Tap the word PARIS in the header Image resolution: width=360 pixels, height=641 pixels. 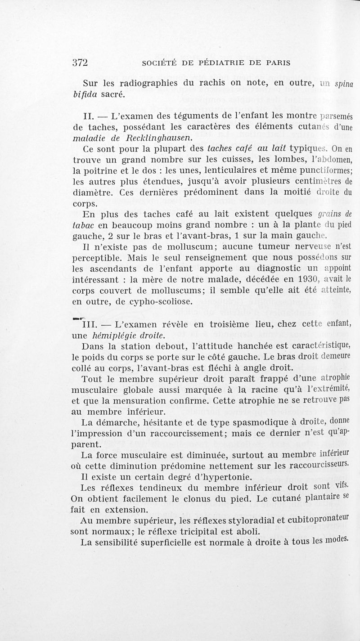pos(275,63)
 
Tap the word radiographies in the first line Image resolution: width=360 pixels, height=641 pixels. pos(149,84)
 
